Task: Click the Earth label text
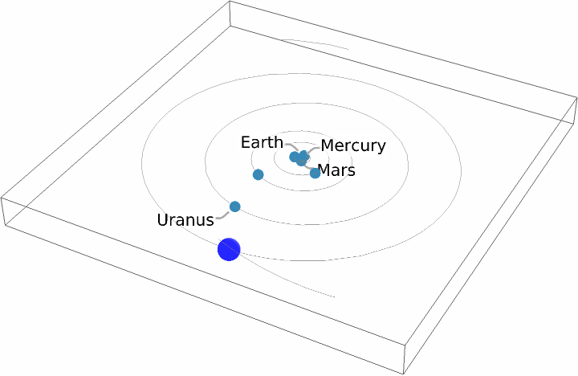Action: pos(262,142)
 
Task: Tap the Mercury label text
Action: pos(353,145)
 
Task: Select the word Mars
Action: pos(337,170)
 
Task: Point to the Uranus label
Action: pos(185,219)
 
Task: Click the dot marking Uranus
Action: pos(235,206)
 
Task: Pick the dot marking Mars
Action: pos(315,173)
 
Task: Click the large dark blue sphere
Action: pos(229,250)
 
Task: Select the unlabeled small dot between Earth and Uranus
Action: pos(258,174)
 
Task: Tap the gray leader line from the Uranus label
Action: pos(222,215)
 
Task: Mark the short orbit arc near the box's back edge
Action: pos(317,43)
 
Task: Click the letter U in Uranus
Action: pos(163,219)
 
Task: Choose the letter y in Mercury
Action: pos(381,147)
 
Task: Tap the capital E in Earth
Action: pos(246,142)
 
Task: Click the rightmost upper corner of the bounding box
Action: pos(576,100)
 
